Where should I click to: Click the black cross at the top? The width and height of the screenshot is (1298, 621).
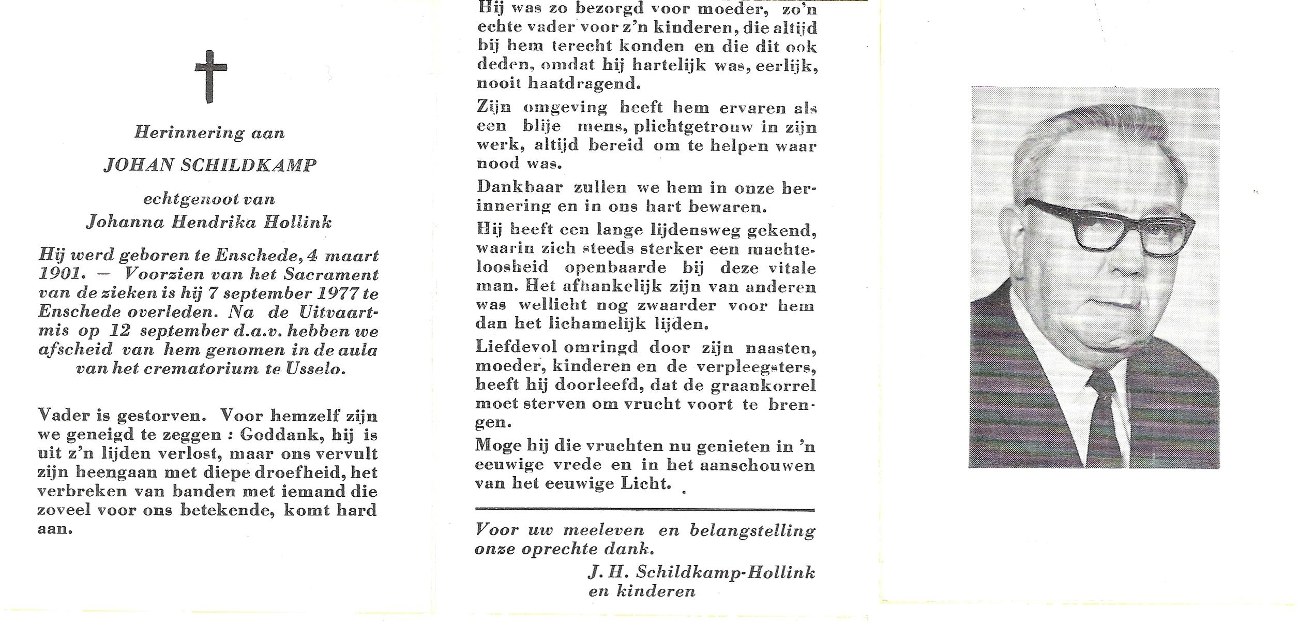210,76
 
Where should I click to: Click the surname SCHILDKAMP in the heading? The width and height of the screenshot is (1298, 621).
248,165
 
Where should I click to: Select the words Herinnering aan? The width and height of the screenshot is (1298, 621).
209,133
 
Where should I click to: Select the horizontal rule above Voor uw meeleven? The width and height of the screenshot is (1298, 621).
644,510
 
